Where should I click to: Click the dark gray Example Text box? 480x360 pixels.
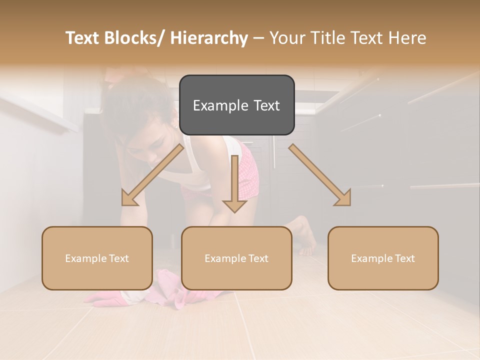pos(236,105)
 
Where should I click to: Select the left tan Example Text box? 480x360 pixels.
pos(97,258)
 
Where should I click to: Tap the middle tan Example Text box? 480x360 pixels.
pos(236,258)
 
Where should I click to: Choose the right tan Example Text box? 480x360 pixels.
pos(383,258)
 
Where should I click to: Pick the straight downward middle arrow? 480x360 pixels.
pos(234,185)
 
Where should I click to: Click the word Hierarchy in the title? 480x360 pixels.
pos(208,38)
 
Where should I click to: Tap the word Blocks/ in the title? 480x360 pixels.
pos(132,38)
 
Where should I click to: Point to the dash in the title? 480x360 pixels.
pos(258,38)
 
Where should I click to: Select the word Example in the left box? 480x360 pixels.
pos(85,258)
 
